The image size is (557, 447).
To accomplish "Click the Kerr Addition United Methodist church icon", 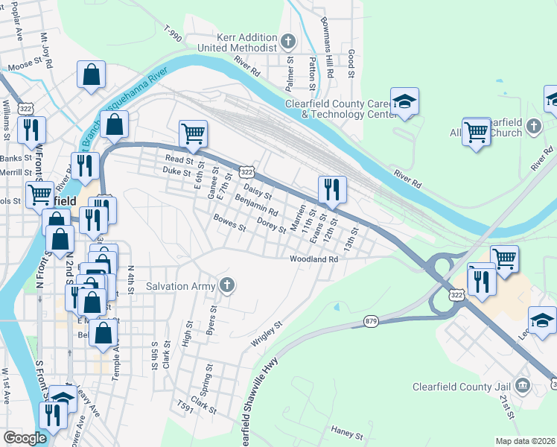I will pyautogui.click(x=290, y=40).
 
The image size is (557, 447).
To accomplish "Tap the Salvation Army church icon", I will pyautogui.click(x=227, y=285).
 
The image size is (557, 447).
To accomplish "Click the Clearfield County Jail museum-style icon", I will pyautogui.click(x=523, y=385).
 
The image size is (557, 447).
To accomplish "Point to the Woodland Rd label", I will pyautogui.click(x=314, y=259).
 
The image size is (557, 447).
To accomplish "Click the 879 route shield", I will pyautogui.click(x=371, y=321).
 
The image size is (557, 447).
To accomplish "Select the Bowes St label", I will pyautogui.click(x=229, y=223).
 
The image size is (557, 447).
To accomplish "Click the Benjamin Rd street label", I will pyautogui.click(x=255, y=202).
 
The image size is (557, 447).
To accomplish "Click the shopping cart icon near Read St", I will pyautogui.click(x=193, y=134).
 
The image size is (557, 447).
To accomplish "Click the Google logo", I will pyautogui.click(x=25, y=438).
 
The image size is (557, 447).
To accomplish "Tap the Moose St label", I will pyautogui.click(x=22, y=66).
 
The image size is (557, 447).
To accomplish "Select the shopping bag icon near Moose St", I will pyautogui.click(x=91, y=74).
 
